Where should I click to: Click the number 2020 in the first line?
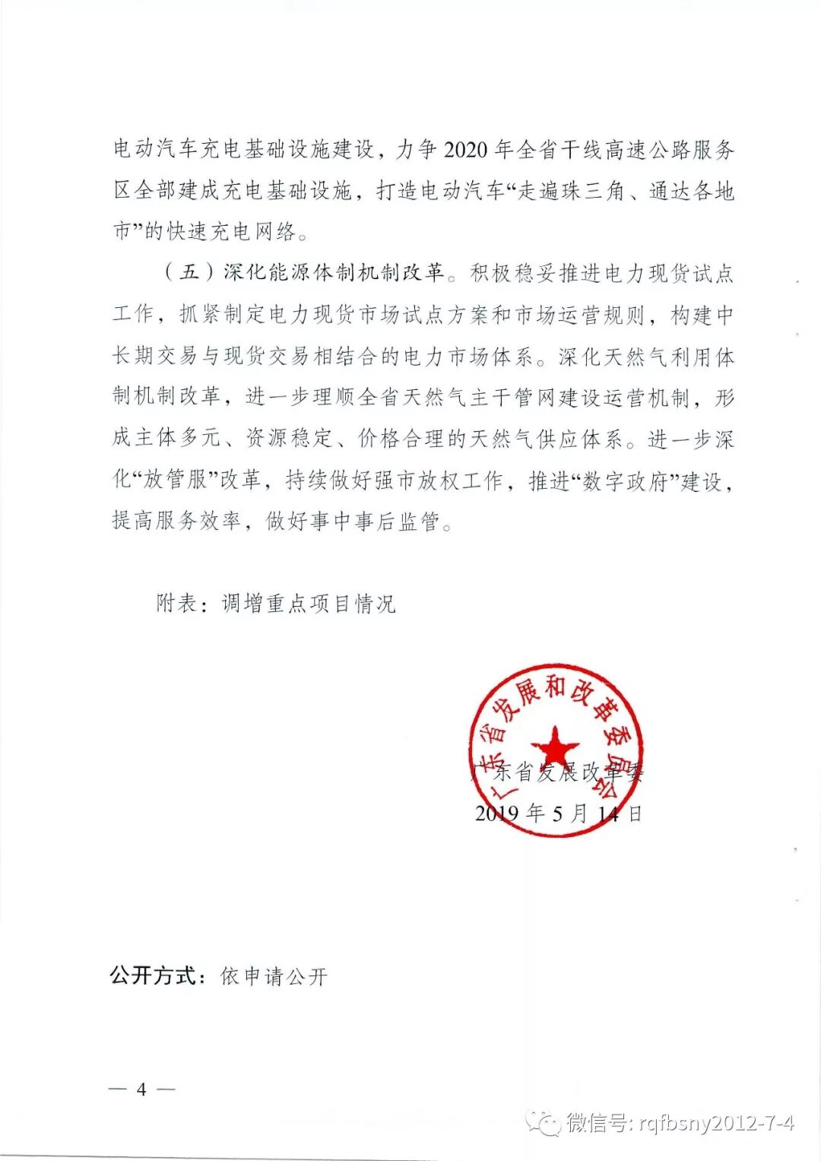coord(465,150)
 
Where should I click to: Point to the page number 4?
coord(141,1089)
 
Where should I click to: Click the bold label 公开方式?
coord(154,975)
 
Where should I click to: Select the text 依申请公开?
coord(274,976)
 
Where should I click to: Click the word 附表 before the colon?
coord(176,604)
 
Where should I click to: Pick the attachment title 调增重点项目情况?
coord(309,604)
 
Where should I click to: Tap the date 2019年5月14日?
coord(559,814)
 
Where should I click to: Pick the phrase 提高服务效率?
coord(176,522)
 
